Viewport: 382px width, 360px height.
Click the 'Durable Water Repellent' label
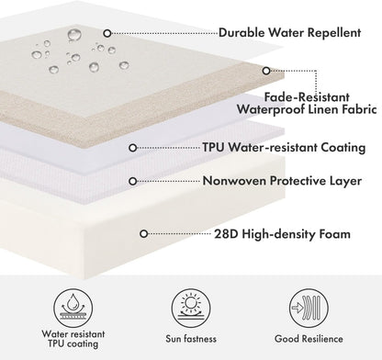point(290,32)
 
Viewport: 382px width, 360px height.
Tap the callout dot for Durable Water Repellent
point(107,33)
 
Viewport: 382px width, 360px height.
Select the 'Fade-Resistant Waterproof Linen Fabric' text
point(307,103)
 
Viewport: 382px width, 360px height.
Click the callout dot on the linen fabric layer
point(266,71)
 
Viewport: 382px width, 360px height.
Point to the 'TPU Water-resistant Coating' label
point(284,148)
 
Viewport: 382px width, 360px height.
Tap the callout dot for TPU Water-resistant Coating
point(132,148)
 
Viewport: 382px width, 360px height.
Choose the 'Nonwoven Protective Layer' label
point(282,181)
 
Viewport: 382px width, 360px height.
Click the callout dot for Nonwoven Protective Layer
point(132,181)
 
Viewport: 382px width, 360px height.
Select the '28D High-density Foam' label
point(282,234)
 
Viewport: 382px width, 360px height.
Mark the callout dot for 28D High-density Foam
point(144,234)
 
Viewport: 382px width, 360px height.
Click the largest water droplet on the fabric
point(74,35)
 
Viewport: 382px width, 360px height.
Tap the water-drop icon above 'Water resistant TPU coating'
point(73,307)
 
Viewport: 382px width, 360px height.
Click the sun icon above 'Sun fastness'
point(191,307)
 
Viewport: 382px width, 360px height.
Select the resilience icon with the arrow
point(309,307)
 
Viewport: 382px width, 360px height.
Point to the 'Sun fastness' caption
point(191,339)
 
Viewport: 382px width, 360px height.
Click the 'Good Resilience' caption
point(309,339)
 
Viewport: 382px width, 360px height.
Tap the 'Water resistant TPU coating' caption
point(73,339)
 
